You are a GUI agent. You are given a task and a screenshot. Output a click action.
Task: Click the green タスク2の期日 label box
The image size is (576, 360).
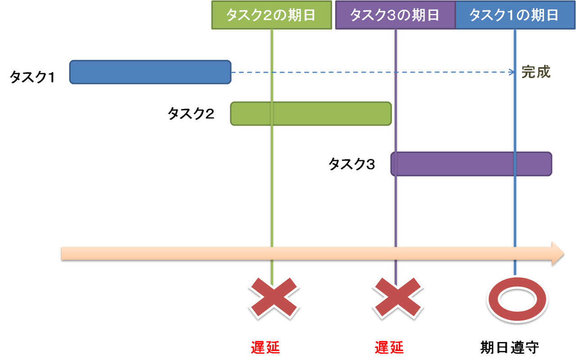tap(272, 15)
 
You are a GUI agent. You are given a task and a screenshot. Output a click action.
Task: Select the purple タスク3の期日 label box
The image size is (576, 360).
tap(395, 15)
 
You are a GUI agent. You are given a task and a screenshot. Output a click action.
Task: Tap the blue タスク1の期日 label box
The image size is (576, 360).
tap(515, 15)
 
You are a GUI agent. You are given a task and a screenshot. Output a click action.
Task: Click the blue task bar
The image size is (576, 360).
tap(150, 72)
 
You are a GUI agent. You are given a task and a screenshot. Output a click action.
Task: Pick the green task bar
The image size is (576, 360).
tap(310, 114)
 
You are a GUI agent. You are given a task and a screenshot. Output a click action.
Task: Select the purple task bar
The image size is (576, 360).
tap(471, 164)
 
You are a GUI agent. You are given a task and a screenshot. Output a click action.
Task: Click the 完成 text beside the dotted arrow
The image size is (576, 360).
tap(536, 72)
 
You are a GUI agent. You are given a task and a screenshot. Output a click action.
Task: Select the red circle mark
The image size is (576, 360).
tap(517, 299)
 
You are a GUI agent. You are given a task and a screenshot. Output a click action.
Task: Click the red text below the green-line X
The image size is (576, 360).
tap(265, 347)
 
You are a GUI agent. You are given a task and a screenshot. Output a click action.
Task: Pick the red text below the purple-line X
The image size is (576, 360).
tap(389, 347)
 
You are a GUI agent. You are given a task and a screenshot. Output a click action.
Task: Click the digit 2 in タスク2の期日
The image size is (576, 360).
tap(269, 15)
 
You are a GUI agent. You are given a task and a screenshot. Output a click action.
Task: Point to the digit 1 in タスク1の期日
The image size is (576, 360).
tap(510, 15)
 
